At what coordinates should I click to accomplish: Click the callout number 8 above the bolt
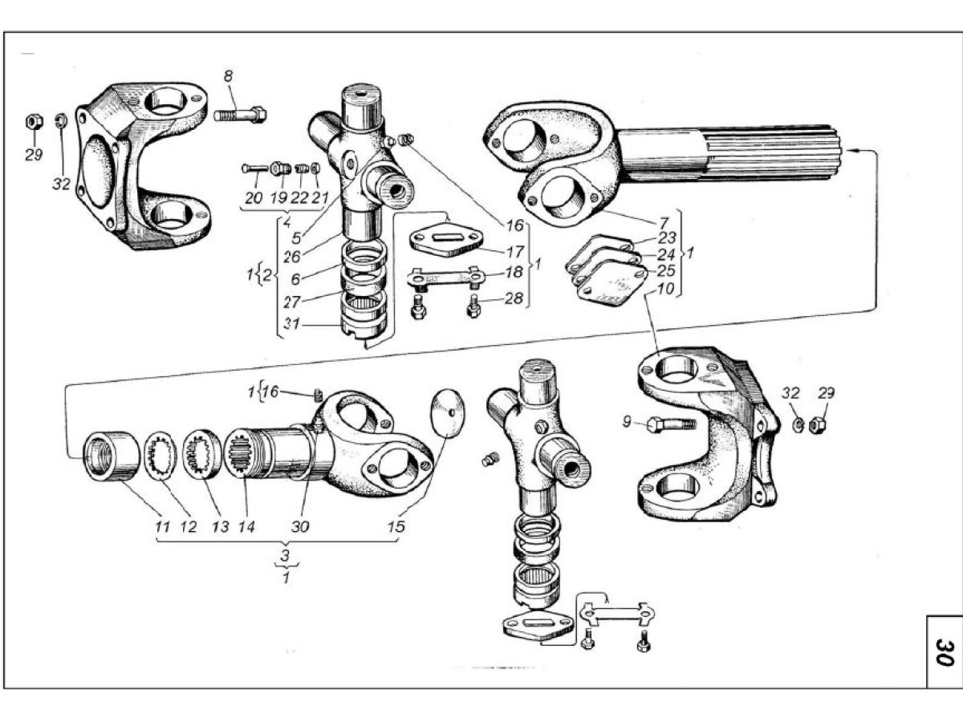(x=228, y=76)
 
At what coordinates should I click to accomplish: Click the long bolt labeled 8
(x=240, y=116)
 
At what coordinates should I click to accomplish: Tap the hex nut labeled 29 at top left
(x=34, y=121)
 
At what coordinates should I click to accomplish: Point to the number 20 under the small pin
(x=254, y=198)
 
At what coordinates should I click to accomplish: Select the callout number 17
(x=515, y=252)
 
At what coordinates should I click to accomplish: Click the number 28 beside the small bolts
(x=514, y=298)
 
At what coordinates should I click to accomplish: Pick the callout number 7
(x=664, y=222)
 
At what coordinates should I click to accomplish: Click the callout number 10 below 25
(x=665, y=289)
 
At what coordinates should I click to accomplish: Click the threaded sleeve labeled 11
(x=112, y=456)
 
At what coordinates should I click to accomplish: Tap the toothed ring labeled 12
(x=161, y=456)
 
